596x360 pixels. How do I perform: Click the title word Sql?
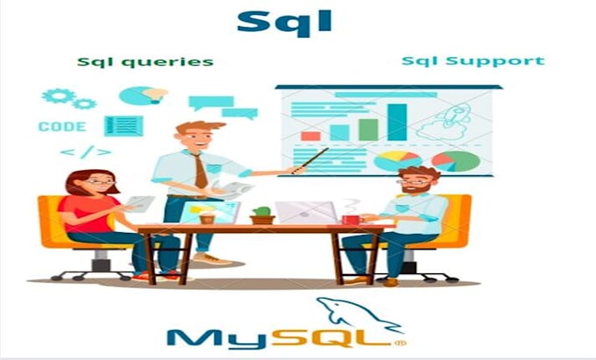[284, 22]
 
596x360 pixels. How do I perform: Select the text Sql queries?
[145, 62]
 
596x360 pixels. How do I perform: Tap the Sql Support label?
[472, 61]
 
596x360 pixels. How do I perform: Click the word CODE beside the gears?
[62, 127]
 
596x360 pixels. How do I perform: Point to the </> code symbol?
[86, 152]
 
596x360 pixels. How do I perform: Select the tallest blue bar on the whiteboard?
[398, 122]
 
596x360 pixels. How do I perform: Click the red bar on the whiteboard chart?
[310, 135]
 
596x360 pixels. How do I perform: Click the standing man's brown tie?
[201, 171]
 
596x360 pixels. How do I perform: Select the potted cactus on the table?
[262, 215]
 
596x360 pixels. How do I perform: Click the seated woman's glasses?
[101, 183]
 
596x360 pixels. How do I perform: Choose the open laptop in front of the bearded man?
[306, 212]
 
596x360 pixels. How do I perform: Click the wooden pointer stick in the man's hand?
[310, 160]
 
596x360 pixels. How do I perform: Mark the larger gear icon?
[58, 95]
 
